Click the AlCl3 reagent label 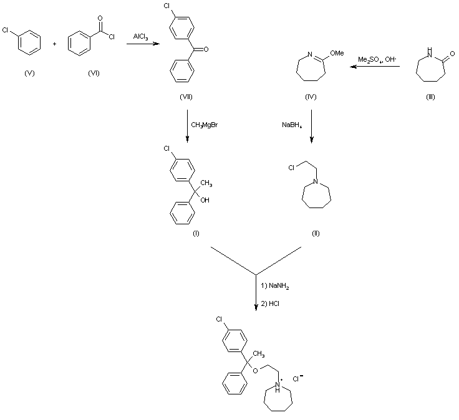pos(140,37)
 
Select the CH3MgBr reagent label pos(204,125)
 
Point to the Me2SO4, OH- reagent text pos(373,59)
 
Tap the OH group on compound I pos(205,200)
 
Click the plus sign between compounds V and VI pos(56,44)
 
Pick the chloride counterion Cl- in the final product pos(299,378)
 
